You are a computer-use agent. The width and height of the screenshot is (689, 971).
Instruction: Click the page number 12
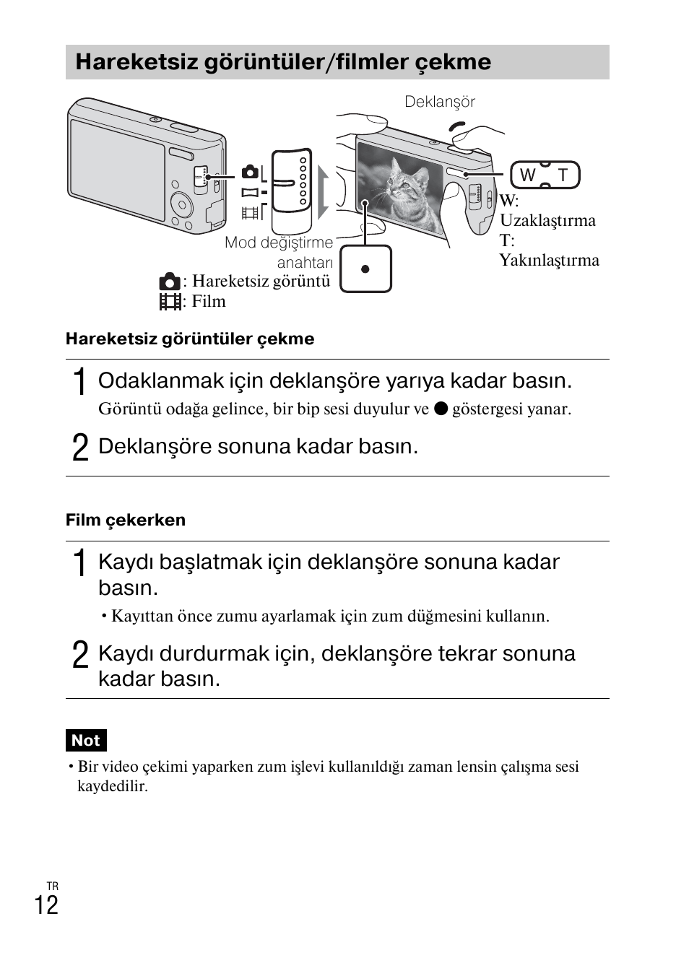46,905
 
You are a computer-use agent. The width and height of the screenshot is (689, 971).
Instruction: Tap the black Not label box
86,740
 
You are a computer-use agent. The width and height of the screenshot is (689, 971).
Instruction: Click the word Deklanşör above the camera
439,102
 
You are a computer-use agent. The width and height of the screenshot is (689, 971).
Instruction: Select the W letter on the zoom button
527,175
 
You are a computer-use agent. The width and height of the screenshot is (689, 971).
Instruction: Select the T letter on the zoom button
563,175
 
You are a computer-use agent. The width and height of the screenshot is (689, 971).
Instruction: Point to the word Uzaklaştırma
547,220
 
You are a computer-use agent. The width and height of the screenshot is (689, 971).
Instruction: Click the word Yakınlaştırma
549,260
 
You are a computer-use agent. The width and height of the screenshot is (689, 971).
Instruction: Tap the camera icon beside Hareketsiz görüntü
170,282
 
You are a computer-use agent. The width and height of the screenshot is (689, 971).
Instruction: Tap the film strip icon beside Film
170,302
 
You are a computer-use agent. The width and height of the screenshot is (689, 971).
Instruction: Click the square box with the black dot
365,269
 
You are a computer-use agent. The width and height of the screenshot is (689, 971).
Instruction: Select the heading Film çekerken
126,520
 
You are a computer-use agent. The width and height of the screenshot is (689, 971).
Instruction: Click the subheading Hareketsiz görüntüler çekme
190,339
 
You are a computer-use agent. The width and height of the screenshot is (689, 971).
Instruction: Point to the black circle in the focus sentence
441,409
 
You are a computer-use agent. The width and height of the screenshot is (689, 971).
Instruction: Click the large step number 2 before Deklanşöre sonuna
81,447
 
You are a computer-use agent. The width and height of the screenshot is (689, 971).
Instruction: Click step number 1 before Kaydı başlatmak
81,562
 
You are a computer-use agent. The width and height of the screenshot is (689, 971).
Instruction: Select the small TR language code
52,886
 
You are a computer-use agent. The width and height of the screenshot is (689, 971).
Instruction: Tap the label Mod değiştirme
278,243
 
